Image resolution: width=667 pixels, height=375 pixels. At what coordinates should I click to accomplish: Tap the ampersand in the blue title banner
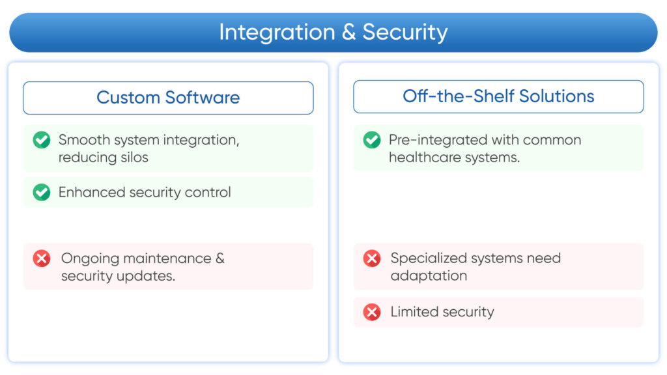point(348,32)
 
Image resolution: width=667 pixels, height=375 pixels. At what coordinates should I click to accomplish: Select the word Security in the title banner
point(404,32)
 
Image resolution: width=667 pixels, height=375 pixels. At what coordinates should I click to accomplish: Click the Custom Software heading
point(168,98)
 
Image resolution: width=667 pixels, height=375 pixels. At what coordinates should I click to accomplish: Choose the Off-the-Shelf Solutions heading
point(498,96)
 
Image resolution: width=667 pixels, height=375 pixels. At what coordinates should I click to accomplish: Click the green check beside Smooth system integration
point(42,140)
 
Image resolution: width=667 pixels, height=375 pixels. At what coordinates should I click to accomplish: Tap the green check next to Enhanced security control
point(42,193)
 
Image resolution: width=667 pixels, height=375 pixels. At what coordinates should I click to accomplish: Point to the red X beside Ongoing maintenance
point(42,258)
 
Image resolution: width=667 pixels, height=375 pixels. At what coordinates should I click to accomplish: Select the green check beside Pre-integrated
point(372,140)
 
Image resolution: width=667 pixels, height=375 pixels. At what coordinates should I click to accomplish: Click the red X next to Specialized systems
point(372,258)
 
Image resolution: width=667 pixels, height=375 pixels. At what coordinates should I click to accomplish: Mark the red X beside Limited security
point(372,312)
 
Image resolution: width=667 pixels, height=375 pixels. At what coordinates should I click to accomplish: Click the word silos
point(132,158)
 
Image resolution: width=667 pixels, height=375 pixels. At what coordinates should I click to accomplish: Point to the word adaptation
point(429,276)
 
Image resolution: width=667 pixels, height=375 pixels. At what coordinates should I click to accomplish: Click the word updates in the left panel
point(148,276)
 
